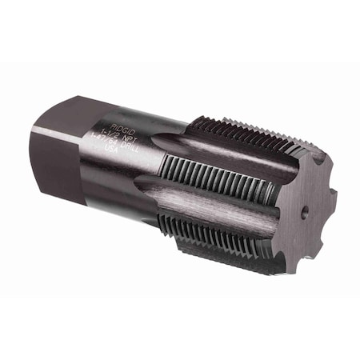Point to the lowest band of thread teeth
point(216,232)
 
